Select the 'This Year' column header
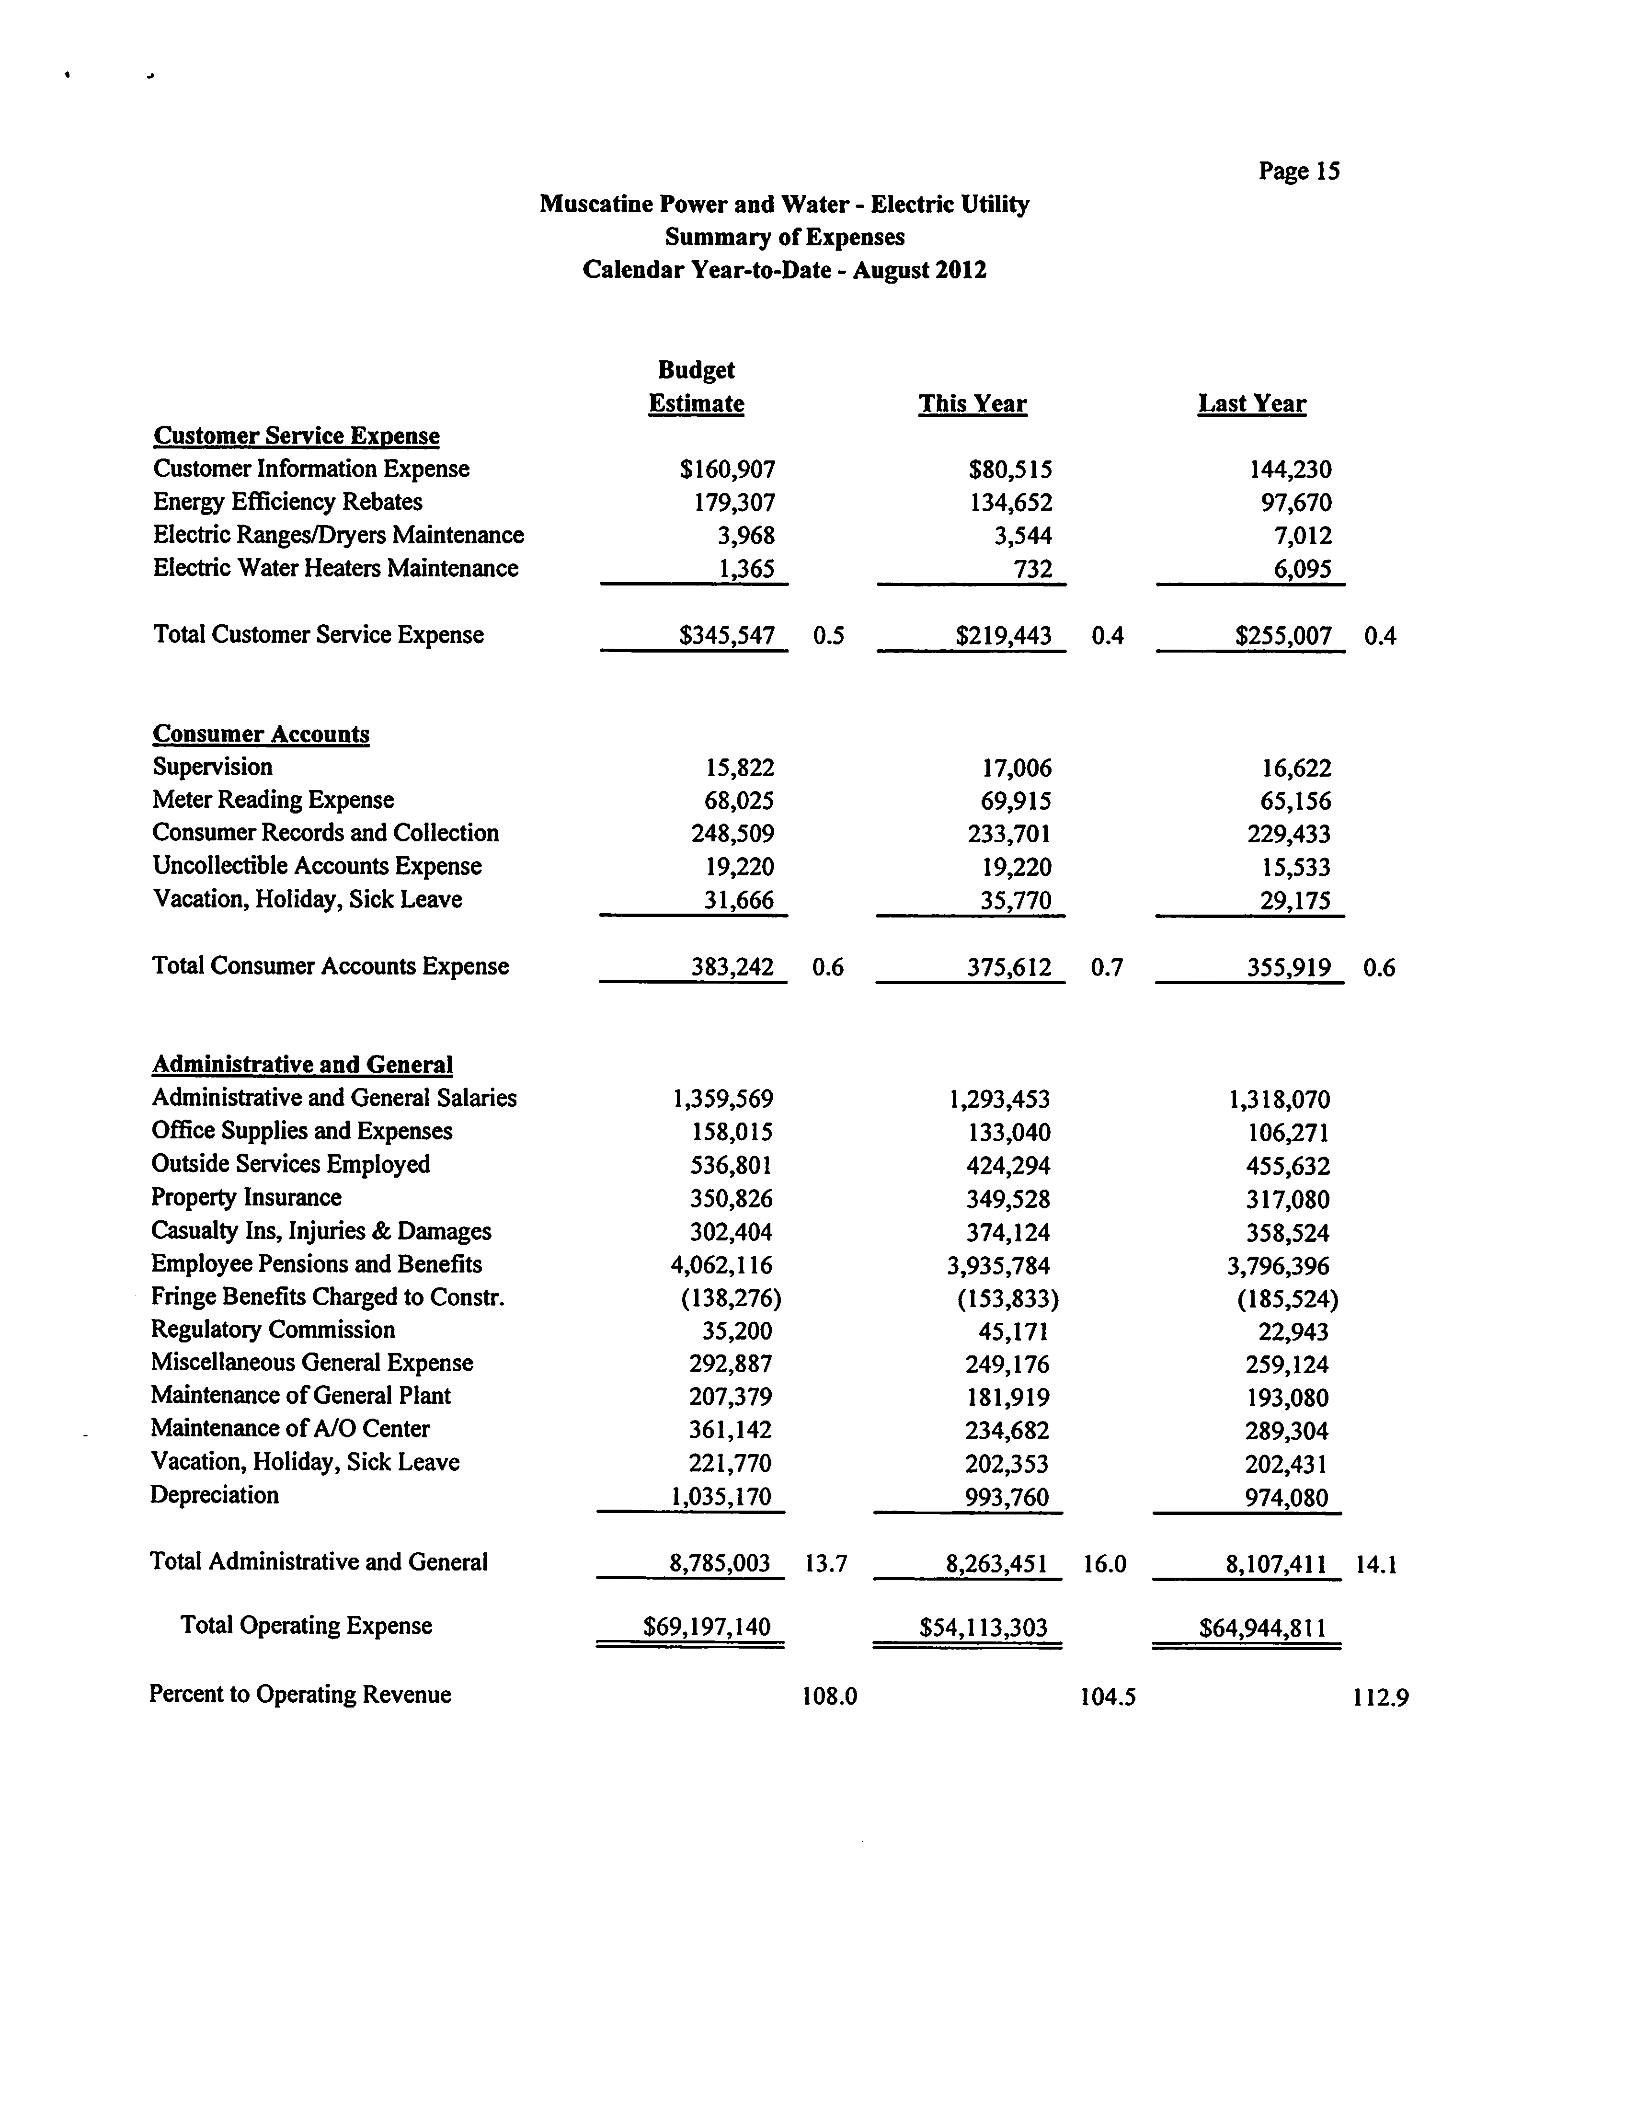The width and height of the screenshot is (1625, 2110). pos(972,404)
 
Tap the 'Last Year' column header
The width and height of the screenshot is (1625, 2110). pos(1251,404)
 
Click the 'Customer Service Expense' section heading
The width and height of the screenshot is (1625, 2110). pos(296,436)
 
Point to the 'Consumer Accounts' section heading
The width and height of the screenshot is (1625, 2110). pos(261,734)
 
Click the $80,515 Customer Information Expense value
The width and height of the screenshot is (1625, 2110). pos(1009,470)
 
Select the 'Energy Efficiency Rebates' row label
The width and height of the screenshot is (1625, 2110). pos(287,503)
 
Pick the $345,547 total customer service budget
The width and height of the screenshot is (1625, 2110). pos(727,636)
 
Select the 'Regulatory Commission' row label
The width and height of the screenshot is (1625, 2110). pos(273,1330)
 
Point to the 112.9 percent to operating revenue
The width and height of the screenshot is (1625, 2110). pos(1380,1697)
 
